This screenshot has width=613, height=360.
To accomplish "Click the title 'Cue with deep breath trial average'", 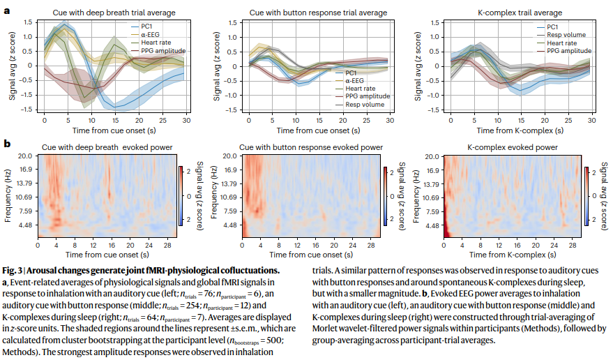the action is [114, 13].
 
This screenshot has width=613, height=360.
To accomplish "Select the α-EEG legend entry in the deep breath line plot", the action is [145, 34].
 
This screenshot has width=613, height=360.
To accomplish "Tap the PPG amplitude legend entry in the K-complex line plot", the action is [564, 51].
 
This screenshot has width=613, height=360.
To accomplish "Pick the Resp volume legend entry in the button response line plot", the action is [360, 105].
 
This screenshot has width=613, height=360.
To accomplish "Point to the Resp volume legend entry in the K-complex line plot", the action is [561, 35].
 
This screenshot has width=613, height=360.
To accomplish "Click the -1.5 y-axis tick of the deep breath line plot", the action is [27, 110].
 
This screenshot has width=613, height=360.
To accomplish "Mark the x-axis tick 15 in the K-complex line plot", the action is [521, 121].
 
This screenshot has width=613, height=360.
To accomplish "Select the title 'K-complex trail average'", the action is [520, 13].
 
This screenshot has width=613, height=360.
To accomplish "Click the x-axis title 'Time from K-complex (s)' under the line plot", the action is [520, 130].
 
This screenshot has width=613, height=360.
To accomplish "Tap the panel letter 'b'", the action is [7, 144].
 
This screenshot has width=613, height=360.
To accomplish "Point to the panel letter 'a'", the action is [7, 10].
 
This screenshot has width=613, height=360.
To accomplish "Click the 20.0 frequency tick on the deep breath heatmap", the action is [24, 156].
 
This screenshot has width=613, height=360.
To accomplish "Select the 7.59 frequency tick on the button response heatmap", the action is [229, 211].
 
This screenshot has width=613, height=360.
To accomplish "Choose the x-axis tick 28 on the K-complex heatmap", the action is [573, 246].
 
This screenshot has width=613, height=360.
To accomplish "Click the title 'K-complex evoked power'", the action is [513, 147].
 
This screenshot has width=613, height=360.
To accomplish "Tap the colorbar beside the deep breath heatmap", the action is [181, 196].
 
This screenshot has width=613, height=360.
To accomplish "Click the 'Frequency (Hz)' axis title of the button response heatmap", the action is [214, 195].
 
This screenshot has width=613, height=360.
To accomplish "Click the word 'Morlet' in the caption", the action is [325, 329].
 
